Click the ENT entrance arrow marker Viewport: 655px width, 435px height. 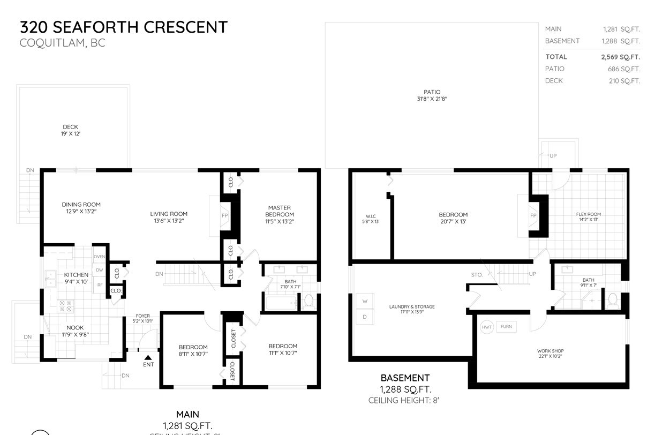(148, 357)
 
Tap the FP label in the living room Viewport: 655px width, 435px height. (225, 215)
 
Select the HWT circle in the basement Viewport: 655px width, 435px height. (487, 327)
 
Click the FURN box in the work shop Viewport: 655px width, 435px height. (506, 326)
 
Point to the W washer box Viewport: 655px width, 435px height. (365, 302)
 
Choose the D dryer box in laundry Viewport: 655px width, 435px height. (365, 317)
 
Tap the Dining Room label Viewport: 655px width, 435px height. (81, 204)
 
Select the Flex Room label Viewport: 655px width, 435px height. (589, 214)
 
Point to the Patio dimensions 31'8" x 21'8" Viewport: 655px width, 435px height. (432, 99)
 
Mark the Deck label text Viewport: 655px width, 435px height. (70, 127)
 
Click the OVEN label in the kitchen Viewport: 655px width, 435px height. (100, 257)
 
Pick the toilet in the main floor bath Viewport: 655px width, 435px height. (308, 303)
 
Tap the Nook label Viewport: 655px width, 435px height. (75, 327)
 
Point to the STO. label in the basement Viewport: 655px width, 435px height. (477, 275)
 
